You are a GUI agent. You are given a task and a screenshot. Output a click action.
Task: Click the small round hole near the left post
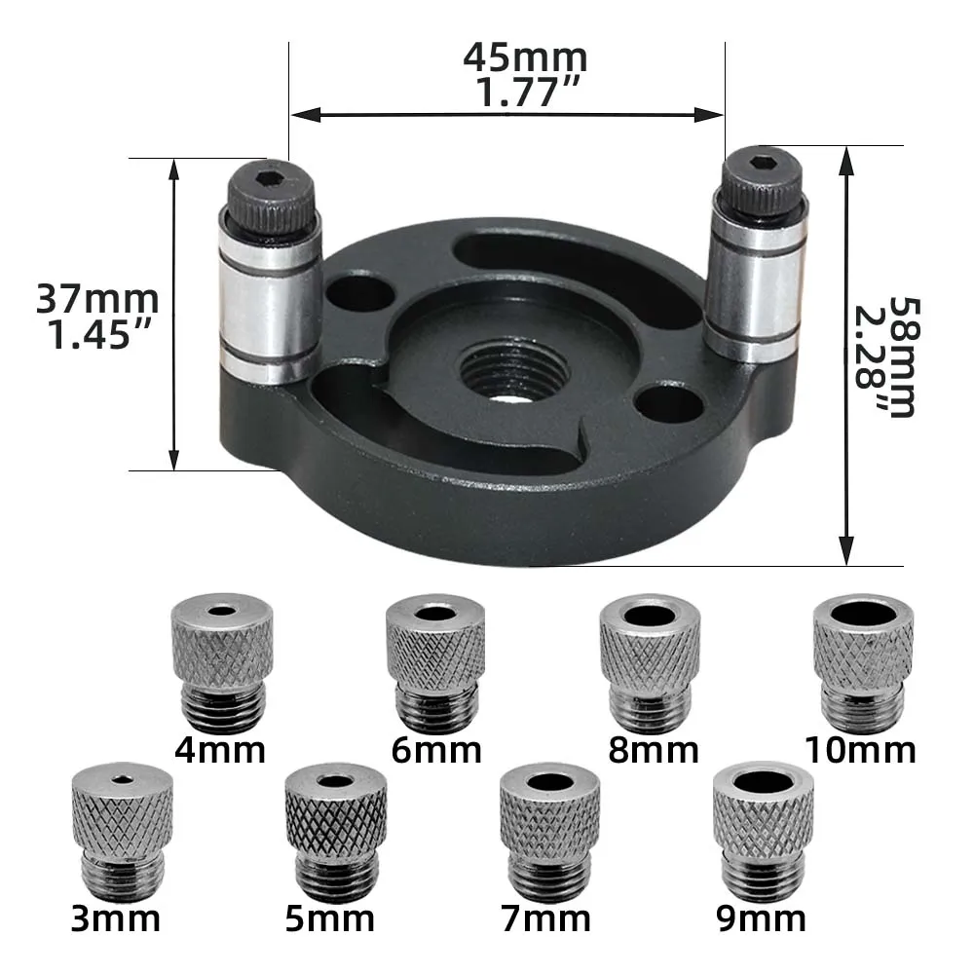360,292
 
